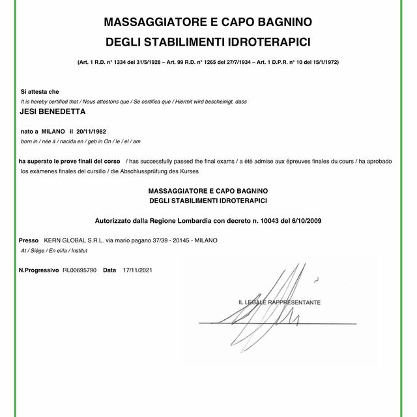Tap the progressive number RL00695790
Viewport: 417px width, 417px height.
click(79, 269)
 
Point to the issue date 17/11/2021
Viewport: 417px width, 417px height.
click(137, 269)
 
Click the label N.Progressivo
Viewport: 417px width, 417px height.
click(38, 269)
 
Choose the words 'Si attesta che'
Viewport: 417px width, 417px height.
click(40, 92)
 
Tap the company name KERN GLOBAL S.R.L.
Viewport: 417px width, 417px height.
click(72, 240)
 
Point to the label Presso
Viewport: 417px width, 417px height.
click(29, 240)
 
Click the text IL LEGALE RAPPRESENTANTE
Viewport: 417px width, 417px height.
click(279, 303)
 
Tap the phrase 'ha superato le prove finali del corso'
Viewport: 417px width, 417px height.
click(69, 160)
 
